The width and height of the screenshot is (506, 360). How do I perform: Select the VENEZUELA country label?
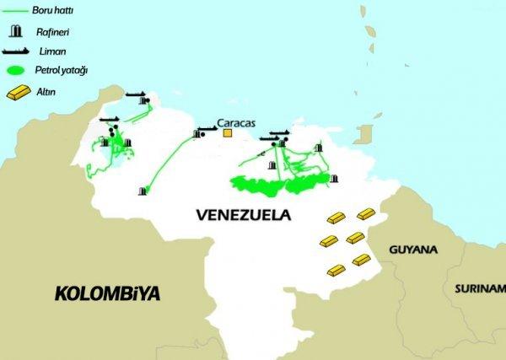tap(242, 214)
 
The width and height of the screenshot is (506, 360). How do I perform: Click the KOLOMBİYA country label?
tap(107, 294)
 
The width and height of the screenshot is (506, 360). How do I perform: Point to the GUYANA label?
tap(413, 250)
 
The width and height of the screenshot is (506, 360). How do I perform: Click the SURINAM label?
tap(479, 288)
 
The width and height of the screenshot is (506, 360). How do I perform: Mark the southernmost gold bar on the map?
tap(336, 271)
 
